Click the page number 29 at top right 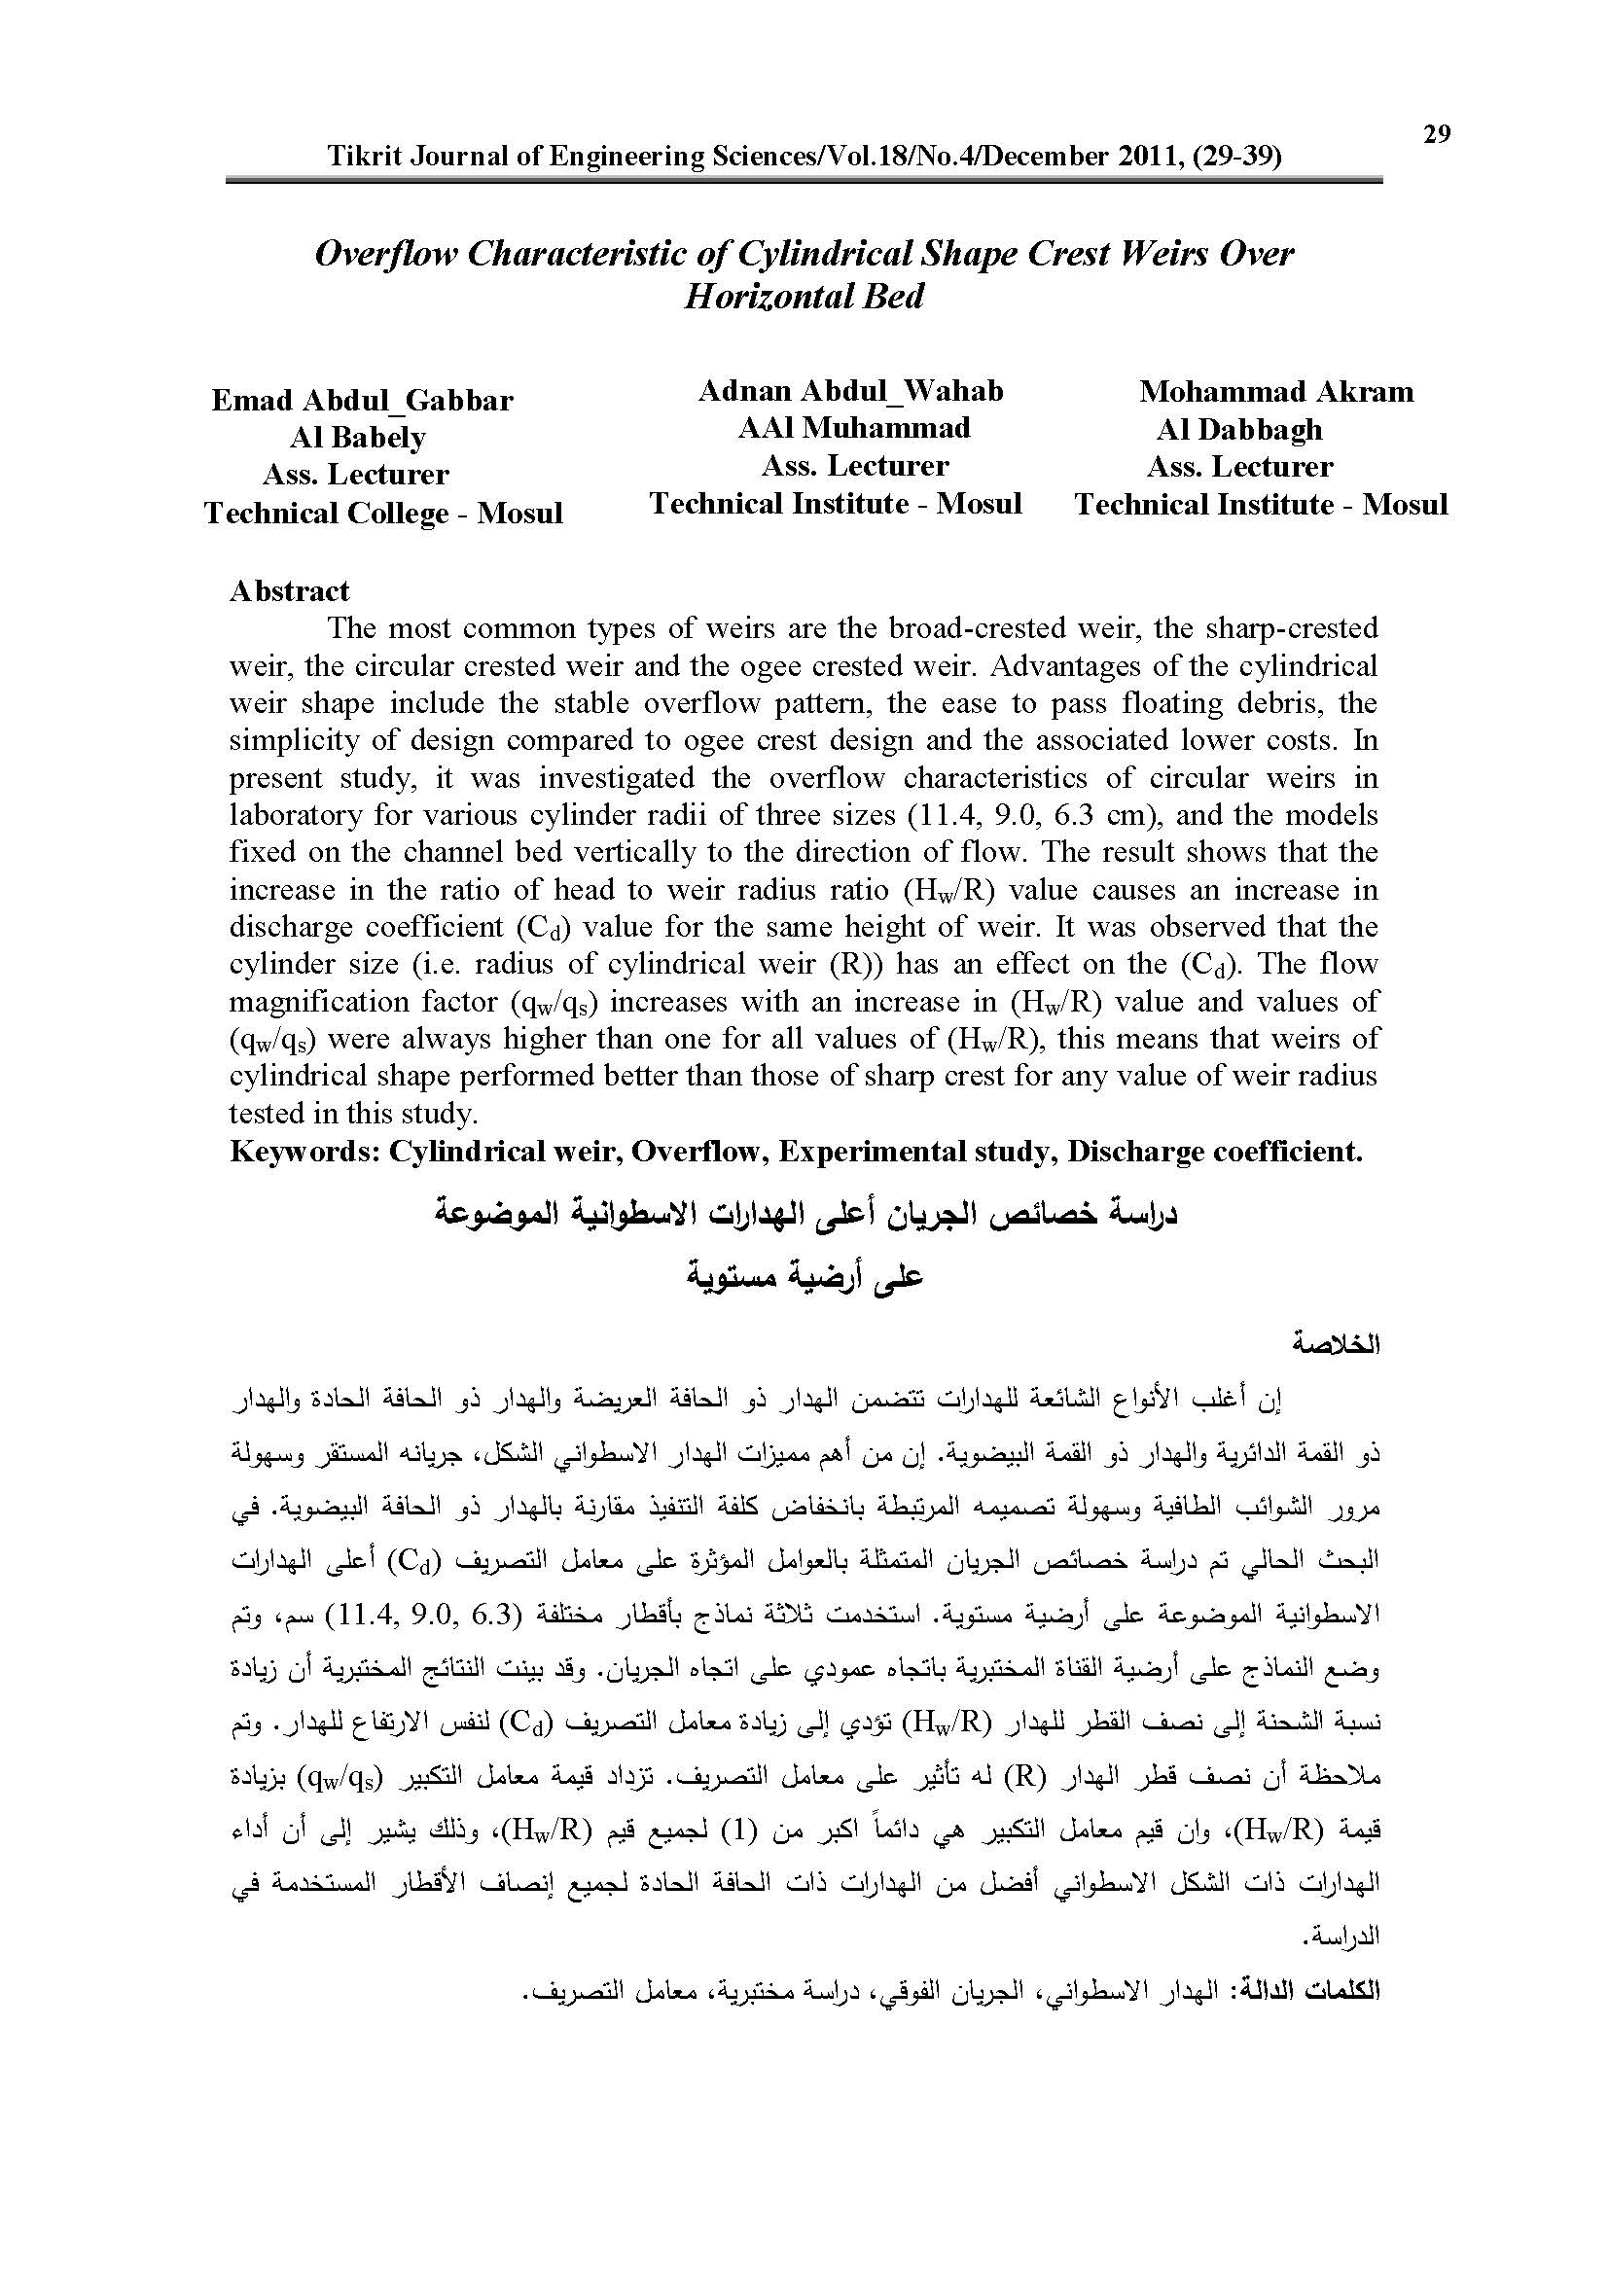point(1437,134)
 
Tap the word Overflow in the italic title point(386,254)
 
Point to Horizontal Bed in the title point(804,297)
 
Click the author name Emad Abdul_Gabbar point(363,401)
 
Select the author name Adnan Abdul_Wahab point(850,391)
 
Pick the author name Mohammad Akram point(1276,391)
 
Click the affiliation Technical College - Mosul point(383,514)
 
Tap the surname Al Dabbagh point(1238,429)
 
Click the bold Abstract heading point(289,591)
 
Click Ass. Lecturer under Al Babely point(356,475)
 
